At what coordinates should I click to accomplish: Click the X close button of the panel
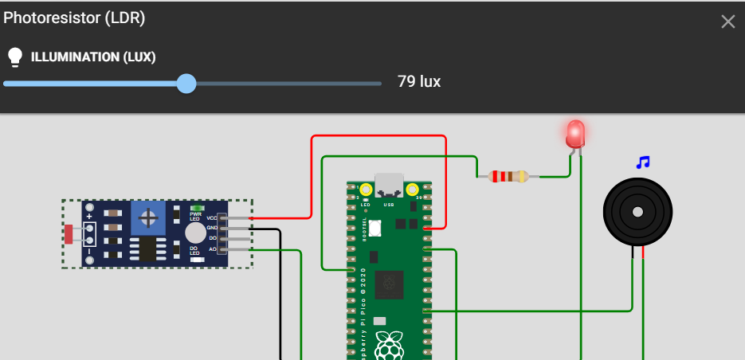(727, 22)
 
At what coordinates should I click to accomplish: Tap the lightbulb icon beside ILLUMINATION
(14, 57)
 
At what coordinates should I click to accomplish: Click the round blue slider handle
(186, 83)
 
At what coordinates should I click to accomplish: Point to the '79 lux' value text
(419, 82)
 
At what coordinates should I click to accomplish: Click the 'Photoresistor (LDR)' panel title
(74, 18)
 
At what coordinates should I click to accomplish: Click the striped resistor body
(508, 176)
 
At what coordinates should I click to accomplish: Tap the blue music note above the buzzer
(643, 162)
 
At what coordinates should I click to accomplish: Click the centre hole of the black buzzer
(637, 212)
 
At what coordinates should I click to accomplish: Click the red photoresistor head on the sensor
(69, 233)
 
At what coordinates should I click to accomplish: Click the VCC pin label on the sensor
(211, 217)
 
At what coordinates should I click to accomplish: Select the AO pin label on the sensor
(212, 249)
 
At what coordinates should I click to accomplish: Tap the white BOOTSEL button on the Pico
(374, 228)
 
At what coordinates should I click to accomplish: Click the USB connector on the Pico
(390, 186)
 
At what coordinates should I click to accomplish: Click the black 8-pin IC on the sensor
(147, 248)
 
